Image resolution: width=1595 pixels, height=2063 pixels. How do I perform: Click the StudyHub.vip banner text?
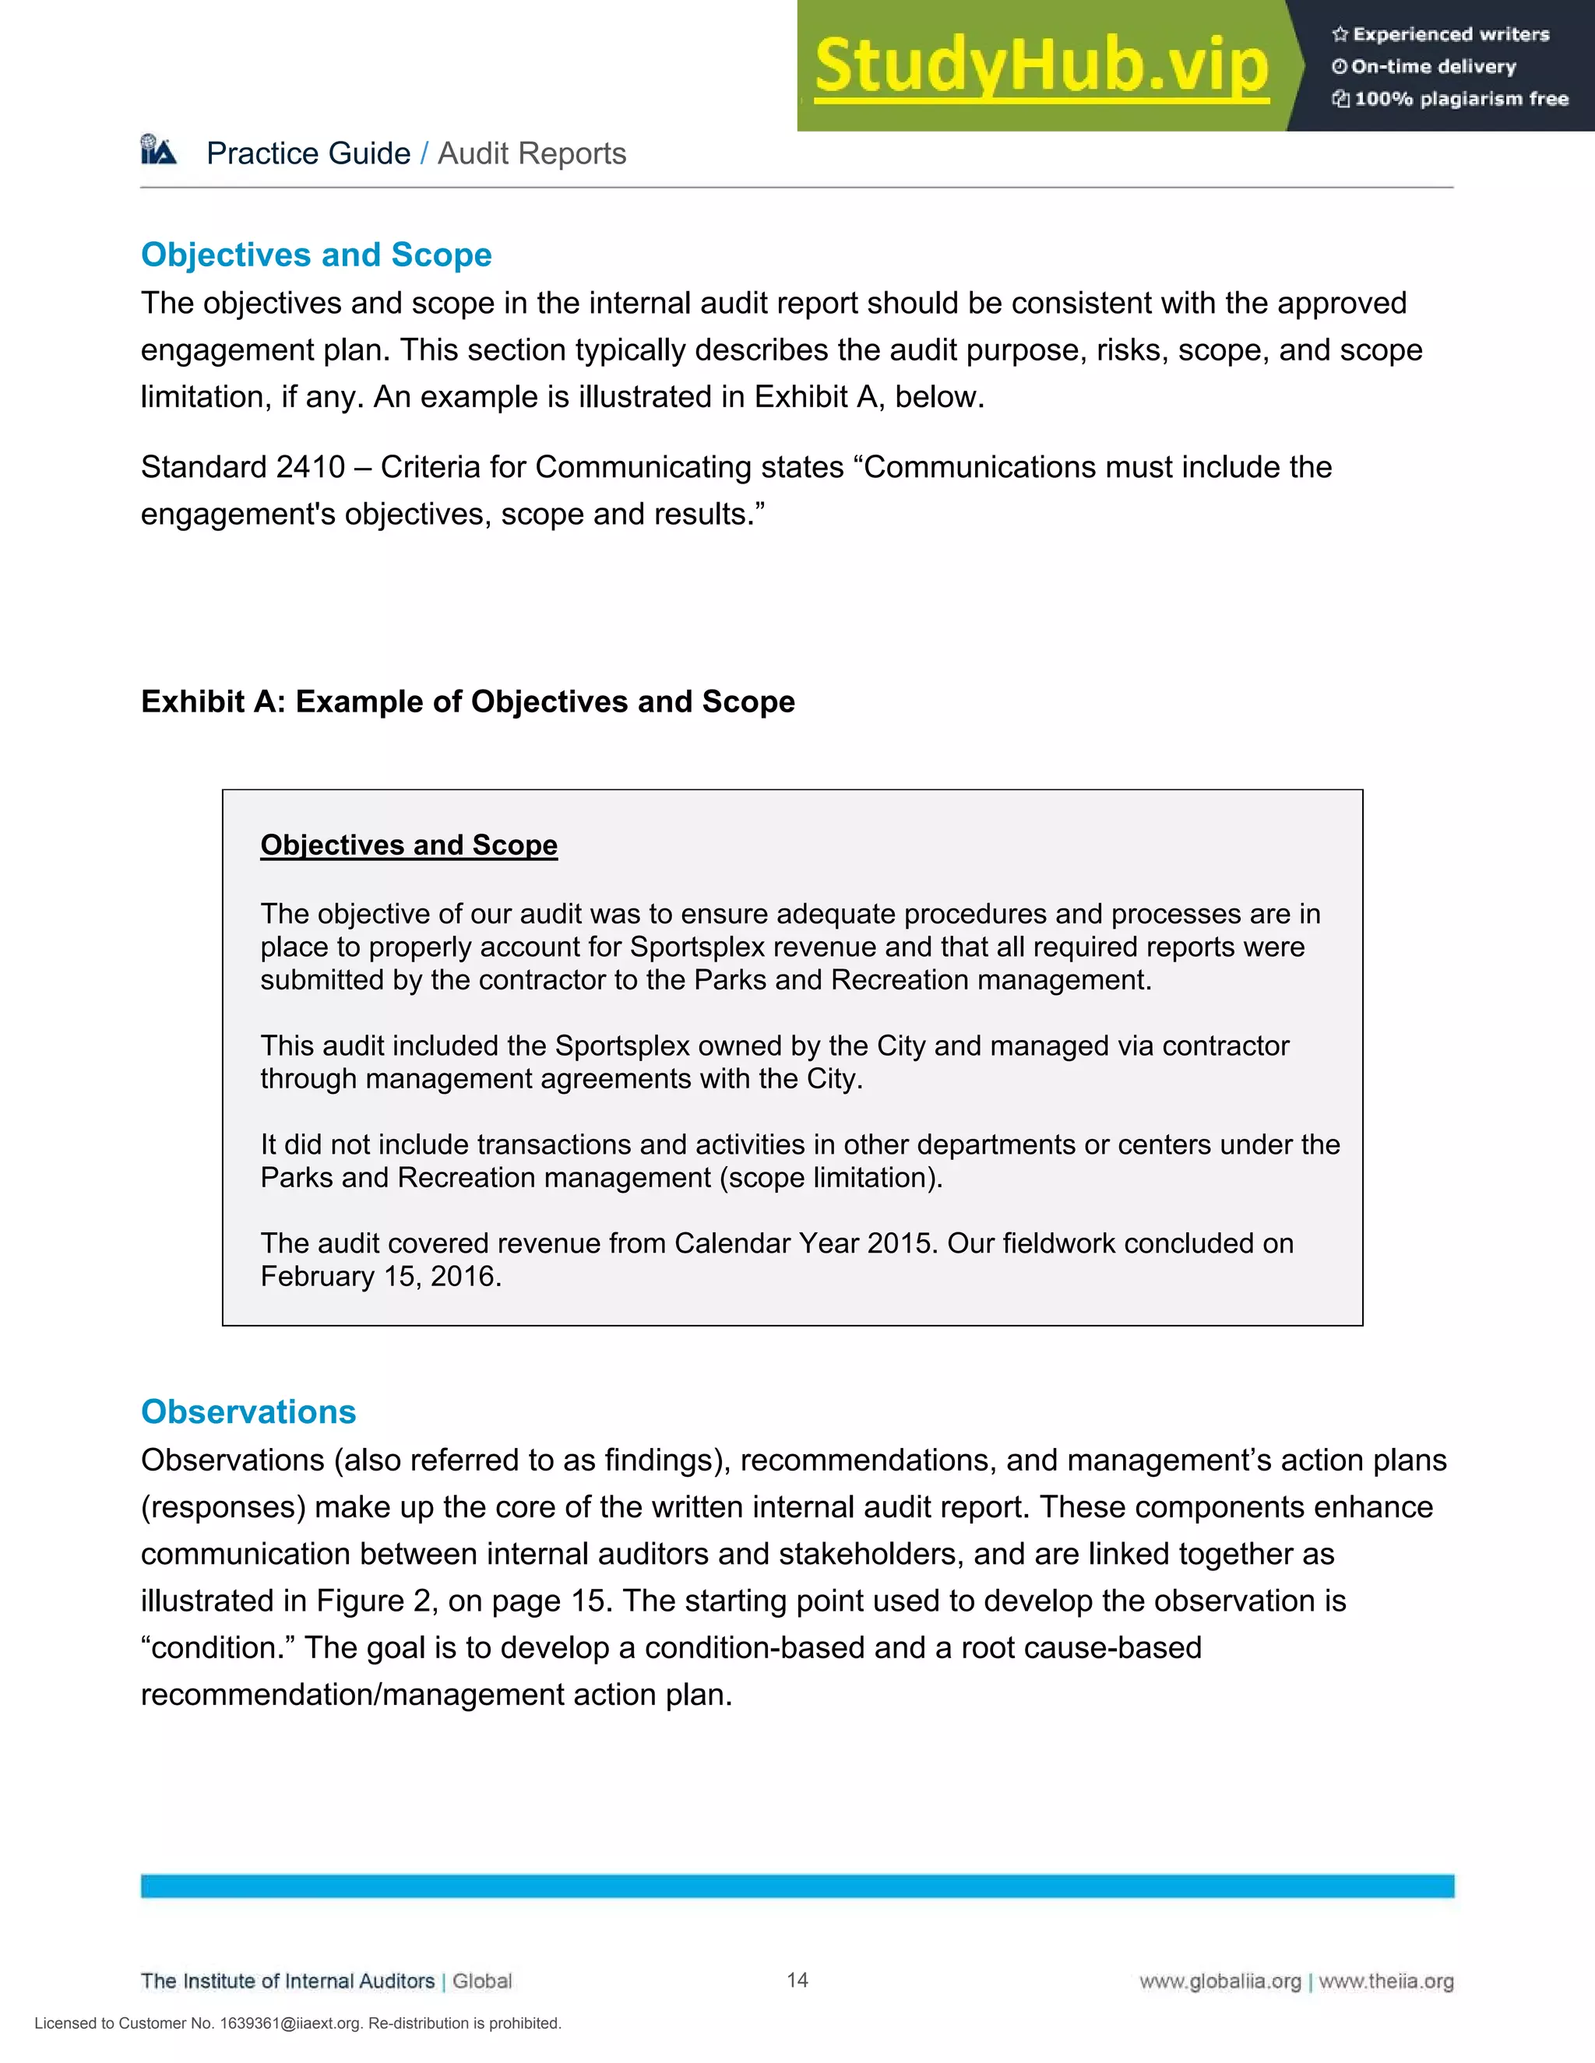click(1041, 66)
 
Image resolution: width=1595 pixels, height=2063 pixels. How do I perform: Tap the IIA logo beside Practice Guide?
click(159, 151)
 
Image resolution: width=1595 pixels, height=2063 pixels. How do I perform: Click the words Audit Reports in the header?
click(532, 153)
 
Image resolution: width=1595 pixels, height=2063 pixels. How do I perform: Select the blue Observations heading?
click(248, 1411)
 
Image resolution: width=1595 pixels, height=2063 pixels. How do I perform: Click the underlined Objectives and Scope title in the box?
click(408, 845)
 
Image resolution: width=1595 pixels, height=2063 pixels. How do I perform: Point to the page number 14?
click(797, 1980)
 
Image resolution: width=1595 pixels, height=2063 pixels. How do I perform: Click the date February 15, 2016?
click(380, 1276)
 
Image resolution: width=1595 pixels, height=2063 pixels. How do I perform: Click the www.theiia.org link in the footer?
click(1386, 1982)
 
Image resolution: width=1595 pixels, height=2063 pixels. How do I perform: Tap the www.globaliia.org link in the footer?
click(1220, 1982)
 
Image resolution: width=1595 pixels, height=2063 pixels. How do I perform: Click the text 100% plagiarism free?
click(1461, 99)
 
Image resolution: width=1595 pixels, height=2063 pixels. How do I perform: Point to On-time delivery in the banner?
click(1434, 66)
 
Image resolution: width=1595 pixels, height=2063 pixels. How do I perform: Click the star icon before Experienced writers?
click(1340, 35)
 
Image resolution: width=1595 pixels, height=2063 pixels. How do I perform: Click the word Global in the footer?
click(482, 1980)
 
